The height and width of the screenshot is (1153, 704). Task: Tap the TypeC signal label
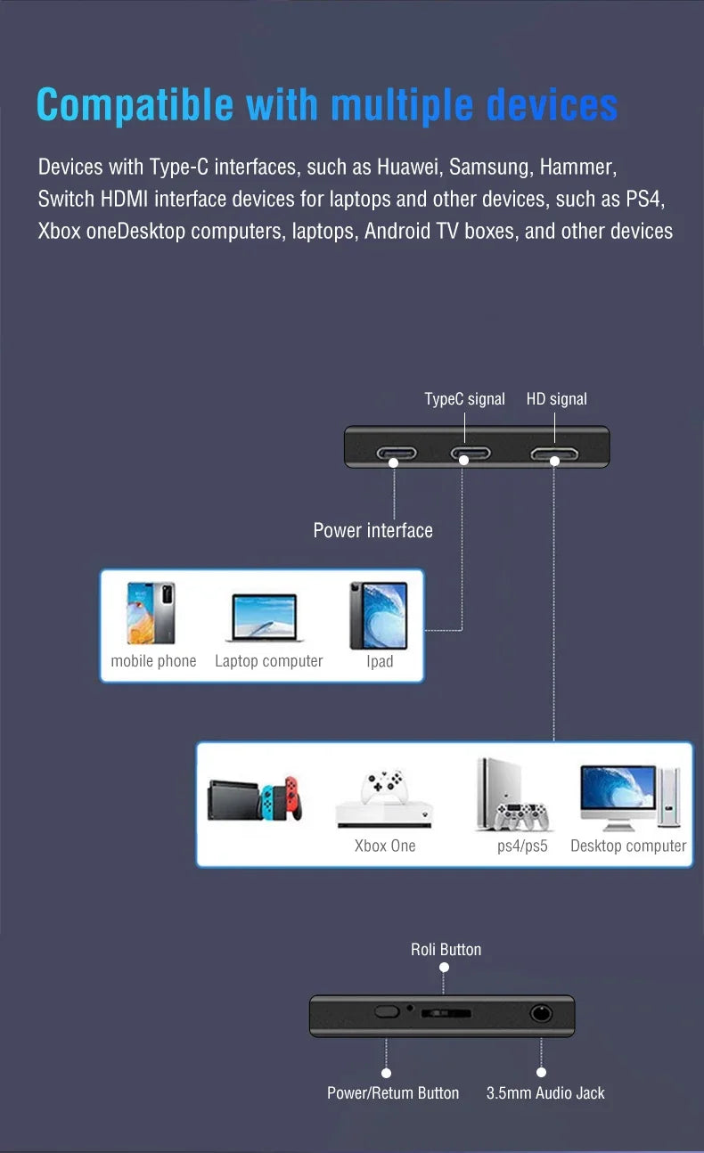pyautogui.click(x=464, y=399)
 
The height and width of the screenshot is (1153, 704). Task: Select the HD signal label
pyautogui.click(x=556, y=399)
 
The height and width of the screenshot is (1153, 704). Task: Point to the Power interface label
pyautogui.click(x=372, y=530)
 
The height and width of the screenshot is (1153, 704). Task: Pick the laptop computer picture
pyautogui.click(x=264, y=617)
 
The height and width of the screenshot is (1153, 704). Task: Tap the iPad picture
pyautogui.click(x=379, y=615)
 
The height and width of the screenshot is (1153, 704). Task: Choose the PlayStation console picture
pyautogui.click(x=512, y=796)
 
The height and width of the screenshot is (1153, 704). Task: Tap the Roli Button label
pyautogui.click(x=446, y=950)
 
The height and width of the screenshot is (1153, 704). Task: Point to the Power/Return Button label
pyautogui.click(x=393, y=1093)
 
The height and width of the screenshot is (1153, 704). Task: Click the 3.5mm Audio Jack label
pyautogui.click(x=545, y=1093)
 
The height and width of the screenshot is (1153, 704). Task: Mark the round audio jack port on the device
pyautogui.click(x=541, y=1013)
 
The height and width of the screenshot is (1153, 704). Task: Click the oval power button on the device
pyautogui.click(x=386, y=1012)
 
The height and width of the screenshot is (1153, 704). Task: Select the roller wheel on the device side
pyautogui.click(x=446, y=1013)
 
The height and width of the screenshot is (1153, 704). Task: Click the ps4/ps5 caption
pyautogui.click(x=522, y=846)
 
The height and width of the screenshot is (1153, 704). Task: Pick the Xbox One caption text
pyautogui.click(x=385, y=846)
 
